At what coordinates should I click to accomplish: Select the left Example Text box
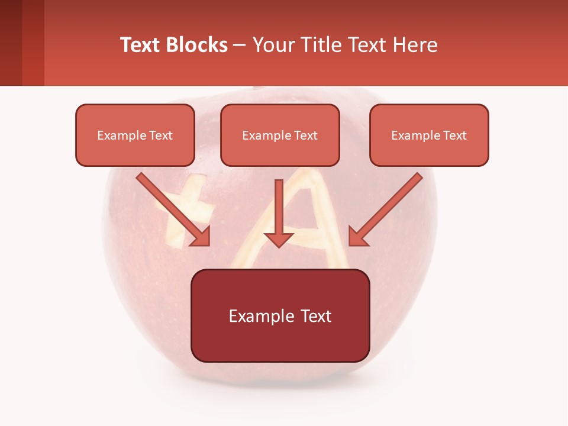pos(135,135)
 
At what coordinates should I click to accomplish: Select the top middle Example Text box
pos(280,135)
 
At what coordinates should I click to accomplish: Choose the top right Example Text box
pos(429,135)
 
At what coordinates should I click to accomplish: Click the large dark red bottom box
pos(280,315)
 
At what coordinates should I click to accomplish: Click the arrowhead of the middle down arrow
pos(279,238)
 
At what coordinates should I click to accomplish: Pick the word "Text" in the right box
pos(454,135)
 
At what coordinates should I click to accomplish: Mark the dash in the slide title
pos(240,45)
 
